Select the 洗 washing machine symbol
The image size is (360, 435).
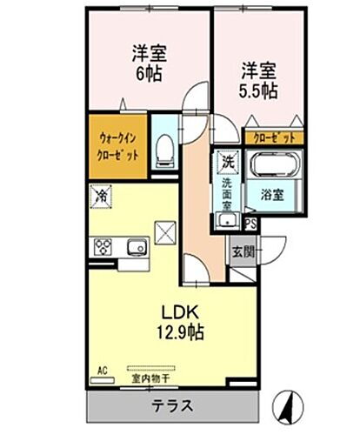(227, 162)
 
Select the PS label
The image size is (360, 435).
(250, 224)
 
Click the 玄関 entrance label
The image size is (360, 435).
(243, 252)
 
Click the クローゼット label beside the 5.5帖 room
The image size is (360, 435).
(273, 137)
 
